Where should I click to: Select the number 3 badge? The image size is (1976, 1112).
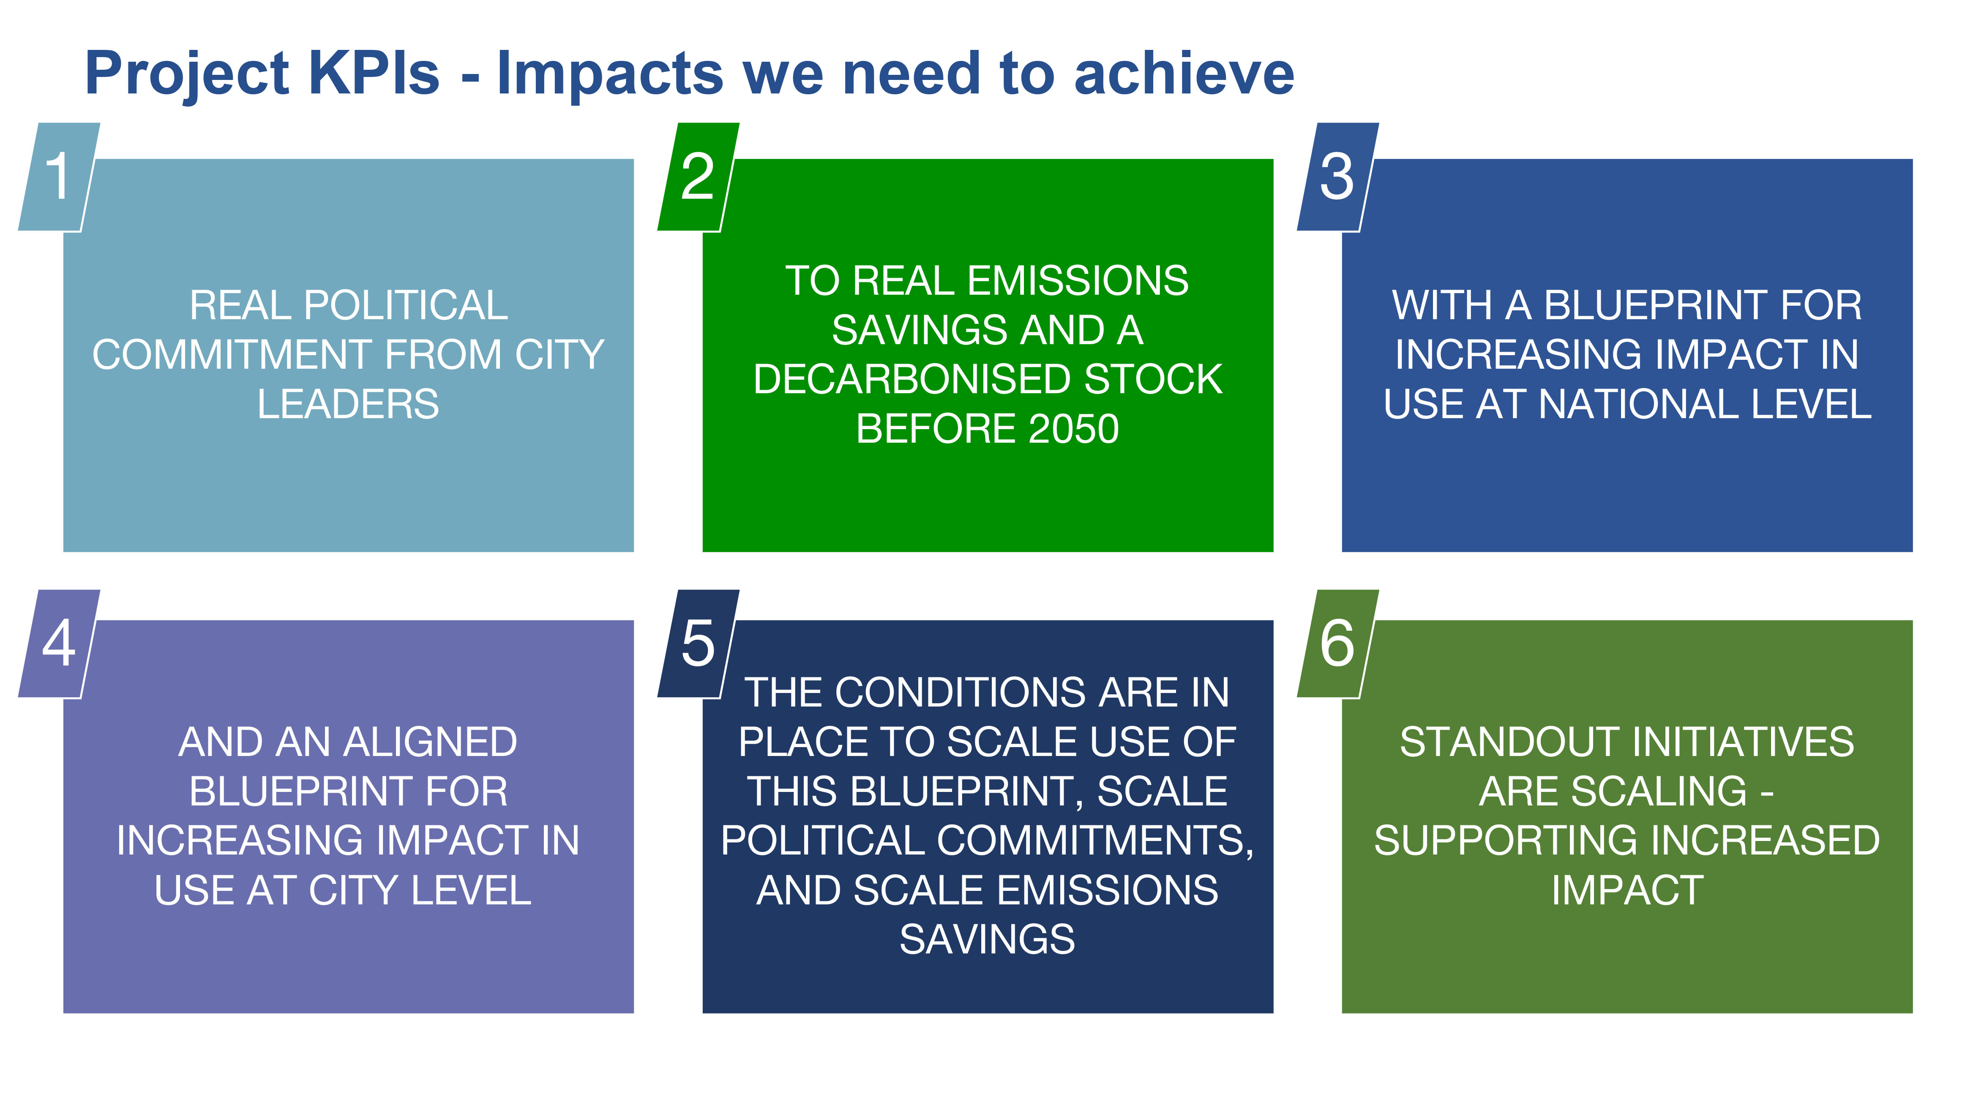pos(1337,176)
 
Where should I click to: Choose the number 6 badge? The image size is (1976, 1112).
pos(1337,643)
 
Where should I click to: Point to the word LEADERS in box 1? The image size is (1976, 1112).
pos(348,404)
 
